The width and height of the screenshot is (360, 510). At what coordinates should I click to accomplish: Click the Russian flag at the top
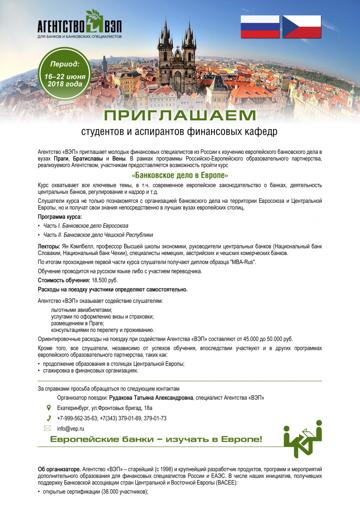[x=260, y=27]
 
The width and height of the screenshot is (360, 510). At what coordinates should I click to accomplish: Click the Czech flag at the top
[x=301, y=27]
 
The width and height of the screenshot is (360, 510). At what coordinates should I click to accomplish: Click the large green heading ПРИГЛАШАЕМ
[x=180, y=115]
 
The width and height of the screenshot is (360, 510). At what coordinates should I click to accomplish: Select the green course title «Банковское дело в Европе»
[x=180, y=175]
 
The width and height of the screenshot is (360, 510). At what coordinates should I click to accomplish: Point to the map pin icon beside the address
[x=49, y=408]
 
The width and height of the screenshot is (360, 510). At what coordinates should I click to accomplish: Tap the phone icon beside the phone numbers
[x=49, y=418]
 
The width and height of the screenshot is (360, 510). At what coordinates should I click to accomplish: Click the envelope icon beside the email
[x=48, y=429]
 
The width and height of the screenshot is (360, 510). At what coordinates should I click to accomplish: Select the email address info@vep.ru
[x=70, y=429]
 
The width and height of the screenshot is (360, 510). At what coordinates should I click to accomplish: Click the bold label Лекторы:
[x=49, y=247]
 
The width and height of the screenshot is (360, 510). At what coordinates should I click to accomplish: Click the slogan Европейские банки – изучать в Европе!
[x=156, y=439]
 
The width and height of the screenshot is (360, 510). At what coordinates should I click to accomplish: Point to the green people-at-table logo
[x=302, y=439]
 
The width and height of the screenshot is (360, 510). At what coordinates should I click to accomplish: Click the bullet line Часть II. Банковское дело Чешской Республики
[x=98, y=235]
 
